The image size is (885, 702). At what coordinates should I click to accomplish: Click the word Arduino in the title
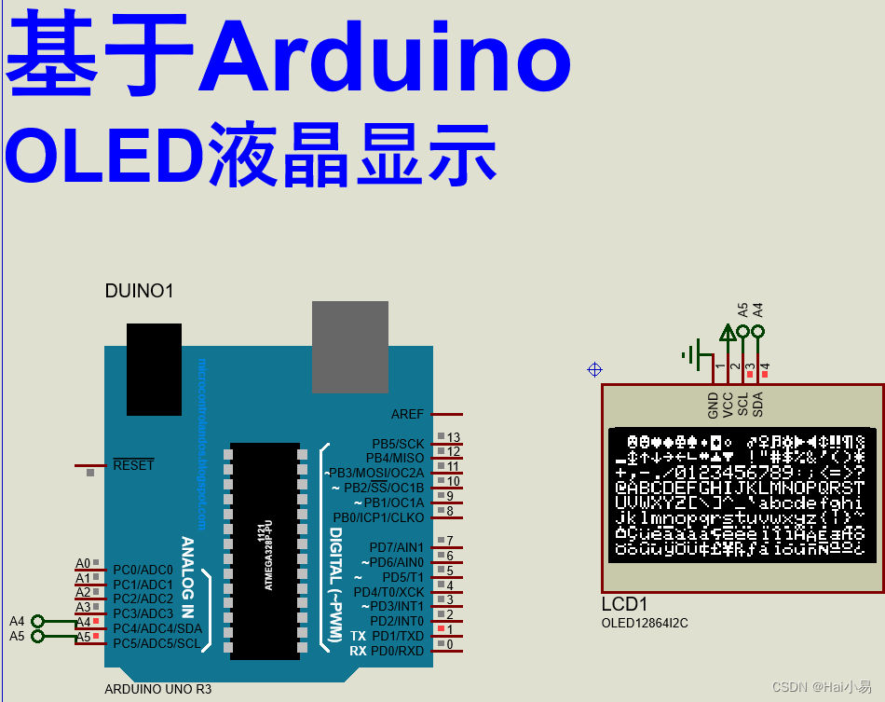click(x=384, y=58)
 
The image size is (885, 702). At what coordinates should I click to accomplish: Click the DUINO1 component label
click(x=139, y=292)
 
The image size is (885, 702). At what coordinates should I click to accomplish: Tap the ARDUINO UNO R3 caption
click(x=157, y=690)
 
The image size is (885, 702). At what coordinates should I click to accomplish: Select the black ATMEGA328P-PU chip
click(x=265, y=550)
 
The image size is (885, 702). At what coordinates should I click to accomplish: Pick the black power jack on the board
click(x=154, y=369)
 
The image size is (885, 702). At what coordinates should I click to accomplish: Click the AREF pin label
click(x=407, y=414)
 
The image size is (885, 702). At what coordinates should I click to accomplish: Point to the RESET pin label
click(x=133, y=465)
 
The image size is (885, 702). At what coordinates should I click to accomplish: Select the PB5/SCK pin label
click(x=398, y=444)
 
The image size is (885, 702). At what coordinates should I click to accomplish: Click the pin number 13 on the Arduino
click(x=454, y=437)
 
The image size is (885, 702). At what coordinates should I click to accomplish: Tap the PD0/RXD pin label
click(x=397, y=651)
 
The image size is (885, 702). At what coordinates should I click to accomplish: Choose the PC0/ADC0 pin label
click(x=143, y=570)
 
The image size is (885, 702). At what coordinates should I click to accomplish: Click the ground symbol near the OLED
click(x=691, y=353)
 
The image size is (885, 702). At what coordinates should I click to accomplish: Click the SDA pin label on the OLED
click(x=758, y=404)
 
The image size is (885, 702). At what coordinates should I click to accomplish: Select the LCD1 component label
click(x=624, y=604)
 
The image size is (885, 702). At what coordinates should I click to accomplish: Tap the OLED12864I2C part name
click(x=645, y=623)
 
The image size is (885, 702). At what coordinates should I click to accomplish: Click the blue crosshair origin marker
click(x=594, y=370)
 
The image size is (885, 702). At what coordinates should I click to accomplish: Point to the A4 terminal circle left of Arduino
click(x=37, y=621)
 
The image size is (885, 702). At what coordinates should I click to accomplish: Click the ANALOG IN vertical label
click(x=187, y=578)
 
